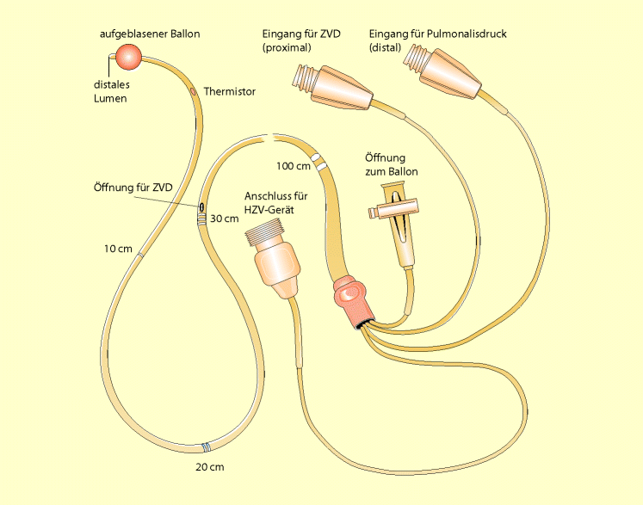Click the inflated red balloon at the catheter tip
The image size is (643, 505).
[x=129, y=57]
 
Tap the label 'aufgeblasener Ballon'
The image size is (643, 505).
[x=150, y=34]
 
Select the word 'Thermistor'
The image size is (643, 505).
[x=230, y=91]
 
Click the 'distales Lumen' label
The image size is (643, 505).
[x=111, y=91]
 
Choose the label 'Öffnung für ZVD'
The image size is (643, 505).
[x=133, y=188]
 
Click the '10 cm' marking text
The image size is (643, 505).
[x=118, y=249]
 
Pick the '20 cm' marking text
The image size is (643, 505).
[x=210, y=467]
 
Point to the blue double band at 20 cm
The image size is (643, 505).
[x=206, y=447]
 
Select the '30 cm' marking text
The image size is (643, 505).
[x=225, y=219]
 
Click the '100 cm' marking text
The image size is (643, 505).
[x=294, y=166]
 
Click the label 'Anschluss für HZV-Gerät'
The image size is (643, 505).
[x=276, y=203]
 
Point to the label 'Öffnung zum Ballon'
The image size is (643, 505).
[x=391, y=165]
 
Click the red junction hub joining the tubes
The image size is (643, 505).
[x=351, y=301]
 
